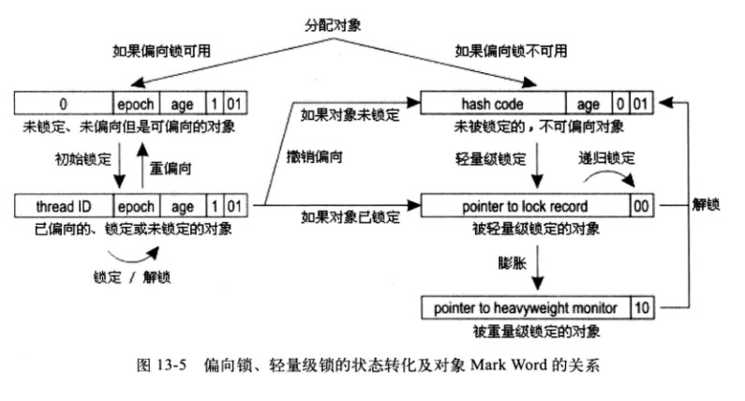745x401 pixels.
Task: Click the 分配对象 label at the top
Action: (x=333, y=25)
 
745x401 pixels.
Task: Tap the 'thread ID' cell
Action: (x=64, y=206)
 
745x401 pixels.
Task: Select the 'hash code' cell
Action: (x=493, y=104)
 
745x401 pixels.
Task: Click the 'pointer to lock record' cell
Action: (x=525, y=206)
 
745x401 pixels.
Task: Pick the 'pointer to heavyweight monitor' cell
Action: (x=526, y=308)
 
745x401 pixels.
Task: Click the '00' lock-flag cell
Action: (x=641, y=206)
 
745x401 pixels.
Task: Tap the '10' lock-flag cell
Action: (x=642, y=308)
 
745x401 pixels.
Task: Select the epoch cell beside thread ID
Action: (x=137, y=206)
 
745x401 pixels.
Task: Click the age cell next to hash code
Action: (x=589, y=104)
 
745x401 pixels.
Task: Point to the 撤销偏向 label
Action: (x=315, y=156)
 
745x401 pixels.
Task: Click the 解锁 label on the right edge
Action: (x=706, y=205)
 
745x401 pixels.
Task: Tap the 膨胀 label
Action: (x=513, y=262)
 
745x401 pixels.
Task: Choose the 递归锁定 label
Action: (x=606, y=157)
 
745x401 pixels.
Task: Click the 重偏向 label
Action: (x=171, y=169)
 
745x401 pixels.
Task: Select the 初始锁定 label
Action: (x=83, y=159)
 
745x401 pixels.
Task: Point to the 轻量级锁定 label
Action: (x=491, y=158)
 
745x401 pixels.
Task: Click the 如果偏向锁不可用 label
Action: (x=512, y=51)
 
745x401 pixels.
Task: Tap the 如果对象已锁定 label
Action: (x=350, y=217)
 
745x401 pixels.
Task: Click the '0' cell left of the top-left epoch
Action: (x=64, y=104)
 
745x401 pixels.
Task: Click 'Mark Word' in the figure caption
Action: (x=509, y=364)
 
